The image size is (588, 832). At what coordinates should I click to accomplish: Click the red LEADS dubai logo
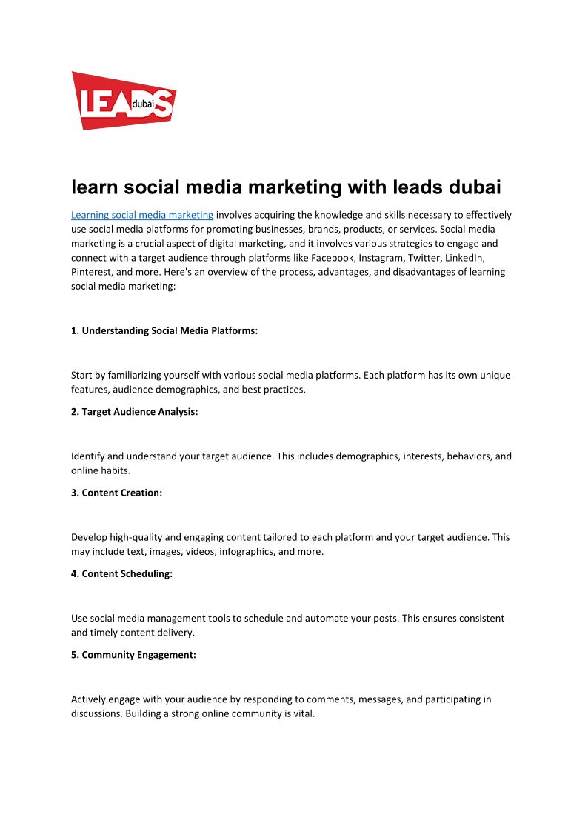coord(123,101)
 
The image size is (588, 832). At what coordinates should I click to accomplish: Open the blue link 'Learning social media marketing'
coord(141,215)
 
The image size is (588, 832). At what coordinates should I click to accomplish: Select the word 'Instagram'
coord(431,257)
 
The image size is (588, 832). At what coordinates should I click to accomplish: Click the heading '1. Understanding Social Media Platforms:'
coord(164,330)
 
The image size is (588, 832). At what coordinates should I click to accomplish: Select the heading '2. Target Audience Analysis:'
coord(135,411)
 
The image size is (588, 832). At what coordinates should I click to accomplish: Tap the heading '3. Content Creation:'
coord(116,493)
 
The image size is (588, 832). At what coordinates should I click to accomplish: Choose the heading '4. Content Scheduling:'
coord(121,573)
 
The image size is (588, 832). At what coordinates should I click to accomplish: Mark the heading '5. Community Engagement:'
coord(133,655)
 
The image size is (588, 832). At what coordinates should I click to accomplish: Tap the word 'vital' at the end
coord(304,713)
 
